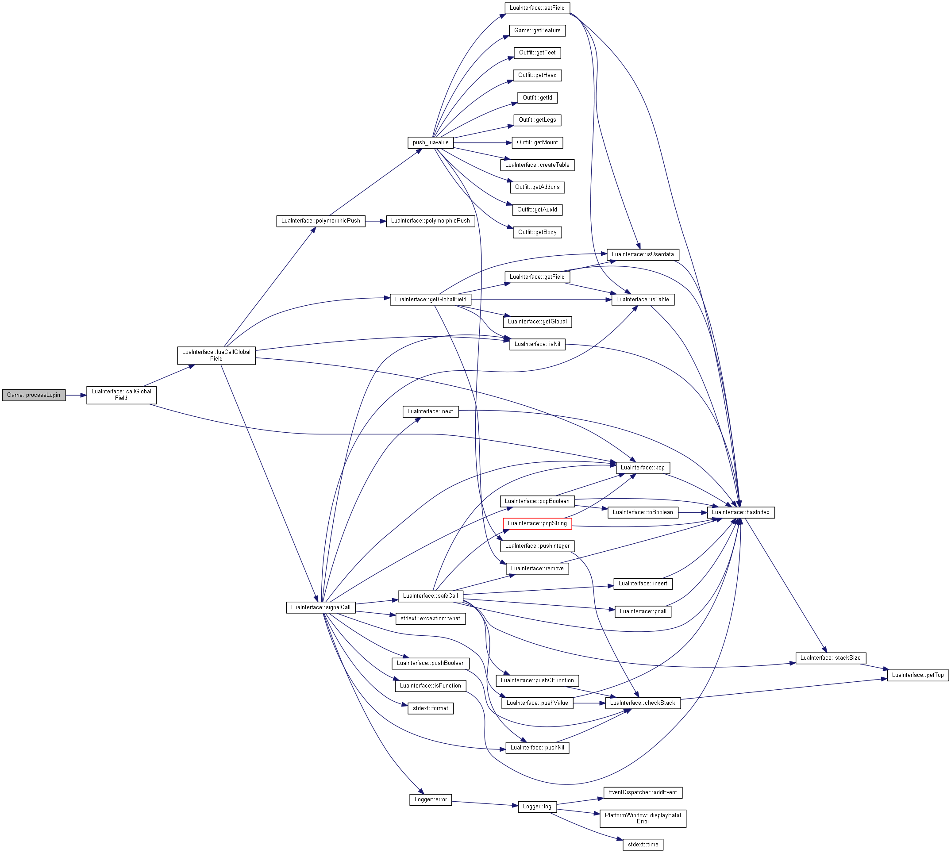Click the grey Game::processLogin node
34,395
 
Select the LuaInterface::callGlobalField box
121,395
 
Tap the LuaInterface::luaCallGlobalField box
216,355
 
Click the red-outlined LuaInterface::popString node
537,523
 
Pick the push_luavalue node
430,142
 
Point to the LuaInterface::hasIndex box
740,512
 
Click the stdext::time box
643,845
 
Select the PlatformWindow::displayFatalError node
643,818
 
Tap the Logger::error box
430,799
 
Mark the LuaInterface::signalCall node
320,607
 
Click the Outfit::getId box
537,98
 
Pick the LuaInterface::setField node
537,8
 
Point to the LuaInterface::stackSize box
831,658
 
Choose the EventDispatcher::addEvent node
643,792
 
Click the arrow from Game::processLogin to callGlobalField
76,396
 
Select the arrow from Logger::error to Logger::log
485,803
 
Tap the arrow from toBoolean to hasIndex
692,513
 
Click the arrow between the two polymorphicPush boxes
375,221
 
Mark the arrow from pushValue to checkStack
589,703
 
